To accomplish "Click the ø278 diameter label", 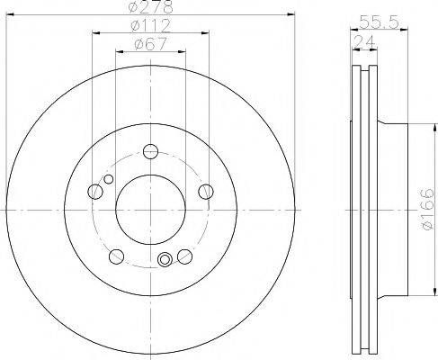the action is point(150,6).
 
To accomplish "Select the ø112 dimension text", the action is point(151,25).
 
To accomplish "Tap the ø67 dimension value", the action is point(150,44).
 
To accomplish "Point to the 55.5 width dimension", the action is point(380,22).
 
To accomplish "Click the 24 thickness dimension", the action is point(364,41).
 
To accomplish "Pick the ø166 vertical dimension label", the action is point(427,210).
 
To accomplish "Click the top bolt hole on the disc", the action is point(150,151).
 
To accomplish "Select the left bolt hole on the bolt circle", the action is point(95,192).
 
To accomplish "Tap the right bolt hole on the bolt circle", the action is point(206,192).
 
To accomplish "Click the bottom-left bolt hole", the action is point(116,256).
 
